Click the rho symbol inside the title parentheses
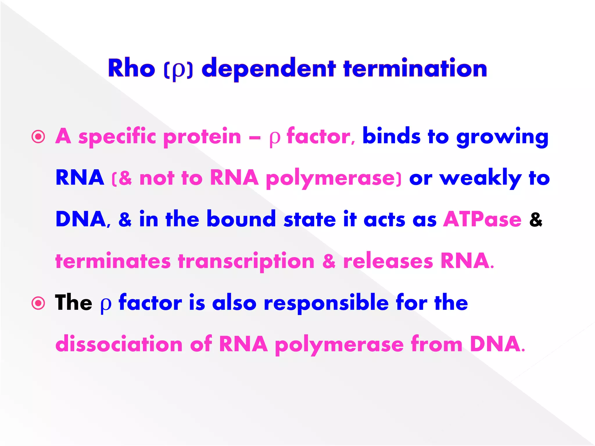pyautogui.click(x=178, y=70)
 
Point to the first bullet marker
pyautogui.click(x=38, y=136)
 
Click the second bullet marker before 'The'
pyautogui.click(x=38, y=303)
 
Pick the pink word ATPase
pyautogui.click(x=482, y=219)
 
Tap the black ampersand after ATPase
pyautogui.click(x=536, y=219)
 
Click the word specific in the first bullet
pyautogui.click(x=117, y=136)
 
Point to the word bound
pyautogui.click(x=241, y=219)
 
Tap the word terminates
pyautogui.click(x=113, y=261)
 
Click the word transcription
pyautogui.click(x=246, y=261)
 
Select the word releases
pyautogui.click(x=388, y=261)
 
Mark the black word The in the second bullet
pyautogui.click(x=74, y=303)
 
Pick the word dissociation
pyautogui.click(x=119, y=344)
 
